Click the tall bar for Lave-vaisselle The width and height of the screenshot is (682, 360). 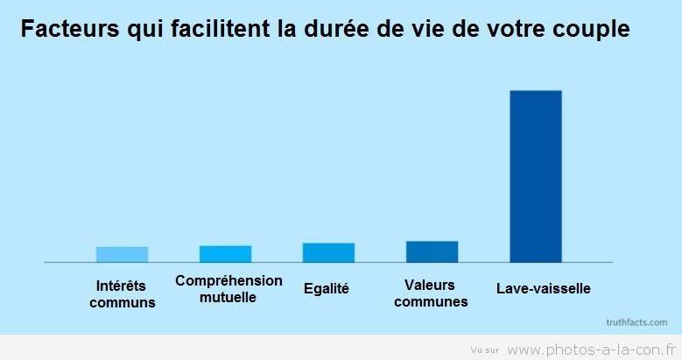[535, 175]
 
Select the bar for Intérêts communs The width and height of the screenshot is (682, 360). [122, 254]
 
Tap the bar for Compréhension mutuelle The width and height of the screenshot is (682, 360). [225, 253]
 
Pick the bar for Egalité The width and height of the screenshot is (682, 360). [328, 252]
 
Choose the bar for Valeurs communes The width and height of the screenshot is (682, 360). [432, 251]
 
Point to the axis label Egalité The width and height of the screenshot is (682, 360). [326, 289]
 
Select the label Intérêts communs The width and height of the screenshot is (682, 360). [122, 294]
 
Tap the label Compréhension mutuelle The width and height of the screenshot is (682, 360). [229, 288]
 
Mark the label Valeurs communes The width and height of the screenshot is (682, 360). [431, 293]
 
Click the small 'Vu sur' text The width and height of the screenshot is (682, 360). [484, 349]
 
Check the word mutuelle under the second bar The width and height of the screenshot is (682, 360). [228, 296]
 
